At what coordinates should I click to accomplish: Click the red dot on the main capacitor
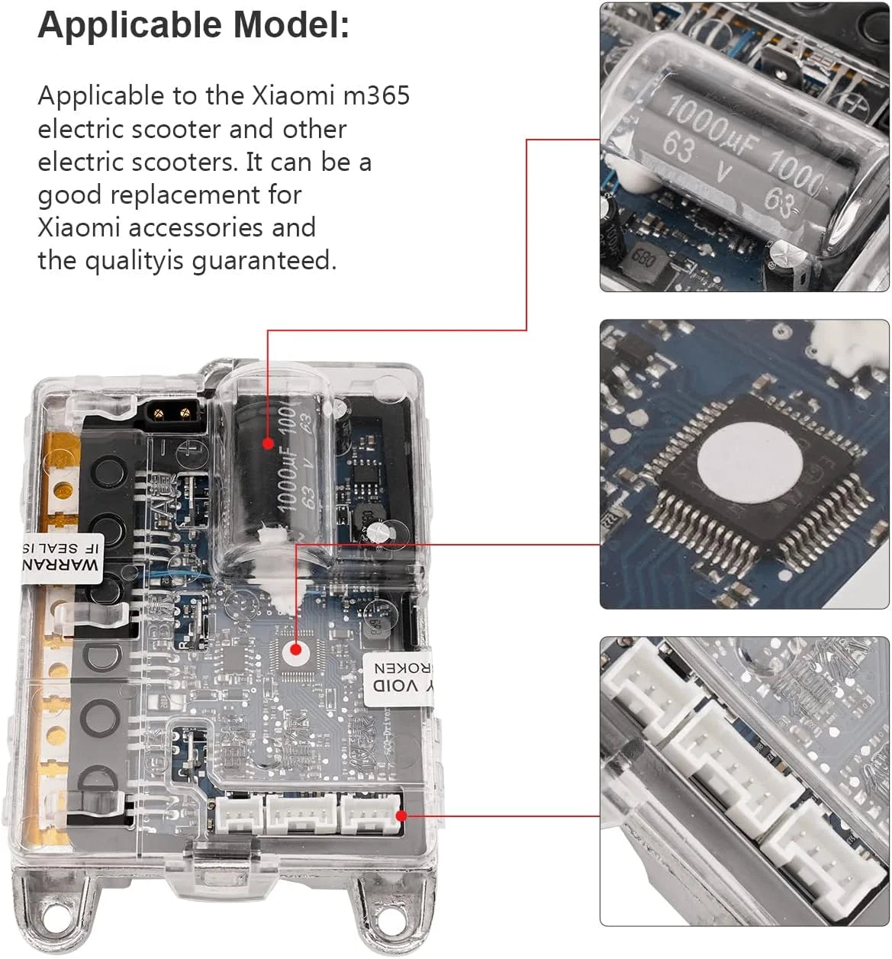268,442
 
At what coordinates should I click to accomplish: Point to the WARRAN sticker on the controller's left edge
61,558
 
